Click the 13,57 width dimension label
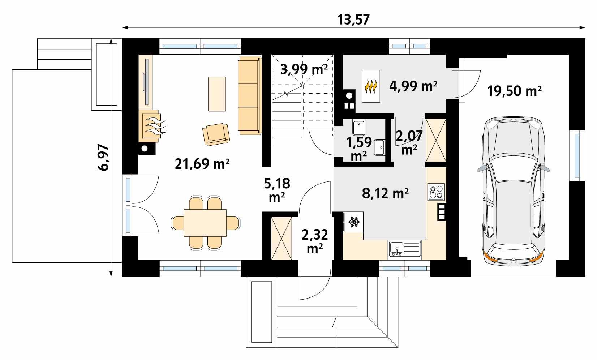[x=354, y=20]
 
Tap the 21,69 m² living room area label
[x=202, y=164]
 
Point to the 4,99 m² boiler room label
[x=413, y=86]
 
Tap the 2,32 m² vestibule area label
[x=314, y=241]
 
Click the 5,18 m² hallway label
[x=277, y=190]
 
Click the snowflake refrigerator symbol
[x=354, y=222]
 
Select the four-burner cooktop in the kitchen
[x=436, y=192]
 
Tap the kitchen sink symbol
[x=405, y=249]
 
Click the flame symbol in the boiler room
[x=371, y=86]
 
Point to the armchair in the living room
[x=216, y=134]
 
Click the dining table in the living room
[x=205, y=223]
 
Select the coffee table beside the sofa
[x=217, y=94]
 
